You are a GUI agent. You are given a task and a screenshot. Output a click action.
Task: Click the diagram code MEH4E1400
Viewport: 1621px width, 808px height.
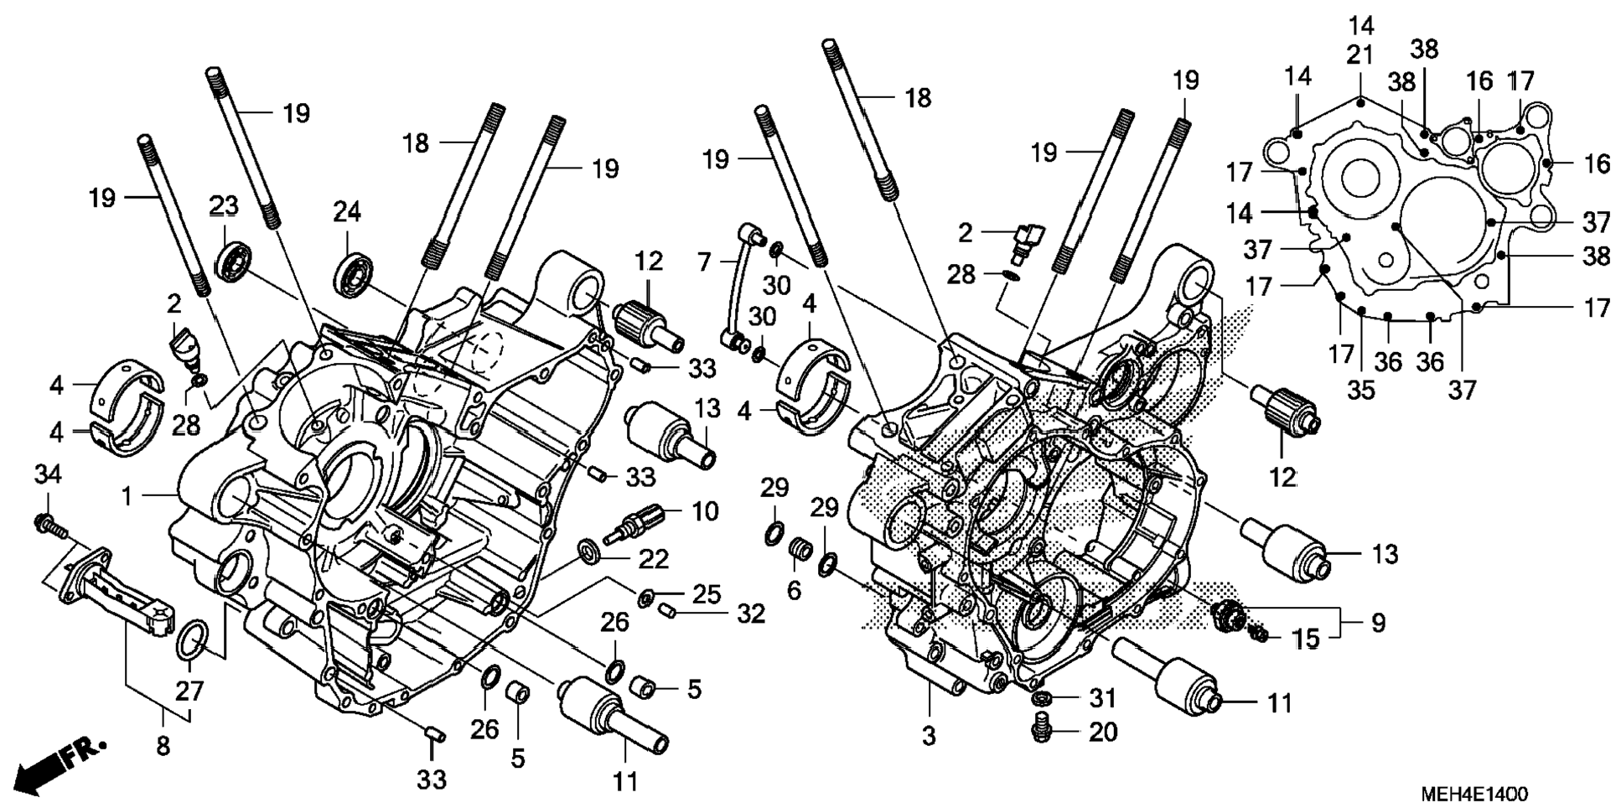[1473, 794]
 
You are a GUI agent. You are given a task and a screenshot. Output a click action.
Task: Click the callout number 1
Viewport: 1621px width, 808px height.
[127, 496]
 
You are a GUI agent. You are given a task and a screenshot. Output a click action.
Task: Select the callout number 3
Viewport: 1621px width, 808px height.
[929, 736]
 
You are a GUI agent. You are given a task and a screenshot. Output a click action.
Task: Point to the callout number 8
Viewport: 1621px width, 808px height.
[163, 744]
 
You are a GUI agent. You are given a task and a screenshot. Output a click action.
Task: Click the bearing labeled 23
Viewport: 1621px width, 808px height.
[235, 261]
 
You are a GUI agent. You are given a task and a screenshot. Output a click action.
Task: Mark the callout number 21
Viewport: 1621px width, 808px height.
[1359, 55]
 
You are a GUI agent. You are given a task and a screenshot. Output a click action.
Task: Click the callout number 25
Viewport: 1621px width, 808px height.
[707, 594]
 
